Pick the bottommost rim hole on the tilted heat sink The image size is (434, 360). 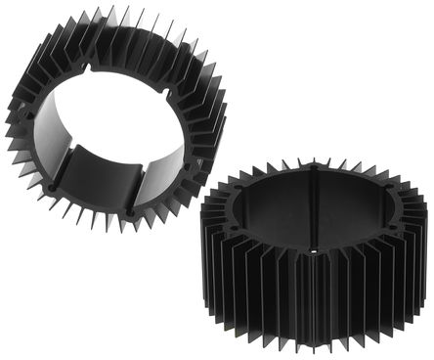click(131, 210)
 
